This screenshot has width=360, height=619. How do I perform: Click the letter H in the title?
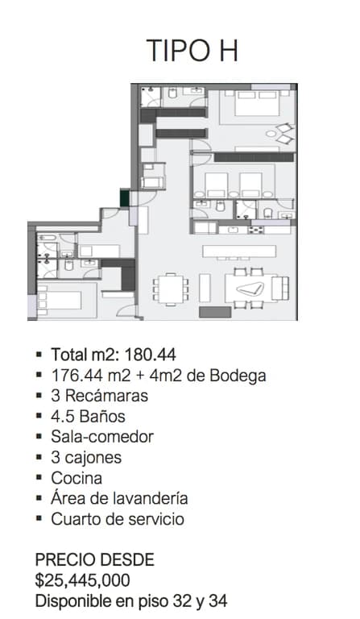click(229, 50)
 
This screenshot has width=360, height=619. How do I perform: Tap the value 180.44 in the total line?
click(151, 355)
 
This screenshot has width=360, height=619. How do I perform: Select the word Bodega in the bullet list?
click(238, 376)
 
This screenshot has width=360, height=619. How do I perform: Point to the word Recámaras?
click(106, 396)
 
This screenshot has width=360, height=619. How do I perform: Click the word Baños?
click(102, 416)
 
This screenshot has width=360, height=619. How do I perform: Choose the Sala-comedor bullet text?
click(102, 437)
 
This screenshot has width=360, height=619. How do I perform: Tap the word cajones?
click(93, 458)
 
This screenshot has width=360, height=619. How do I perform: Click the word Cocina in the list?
click(77, 478)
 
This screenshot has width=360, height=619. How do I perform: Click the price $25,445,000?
click(82, 580)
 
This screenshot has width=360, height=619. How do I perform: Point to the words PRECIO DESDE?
click(95, 560)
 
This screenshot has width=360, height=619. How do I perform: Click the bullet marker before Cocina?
click(39, 478)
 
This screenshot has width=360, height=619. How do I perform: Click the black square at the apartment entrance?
click(125, 197)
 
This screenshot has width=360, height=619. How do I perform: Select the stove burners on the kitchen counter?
click(255, 231)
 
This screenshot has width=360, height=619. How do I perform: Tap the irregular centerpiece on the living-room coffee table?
click(250, 289)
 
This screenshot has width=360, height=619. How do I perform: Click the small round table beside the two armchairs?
click(271, 134)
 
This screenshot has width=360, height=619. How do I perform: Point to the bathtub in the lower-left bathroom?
click(47, 238)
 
